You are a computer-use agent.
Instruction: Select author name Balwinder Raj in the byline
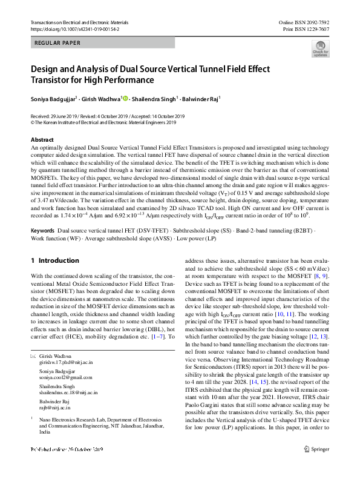point(201,98)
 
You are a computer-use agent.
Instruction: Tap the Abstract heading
point(42,140)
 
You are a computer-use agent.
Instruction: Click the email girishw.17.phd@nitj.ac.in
point(64,362)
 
